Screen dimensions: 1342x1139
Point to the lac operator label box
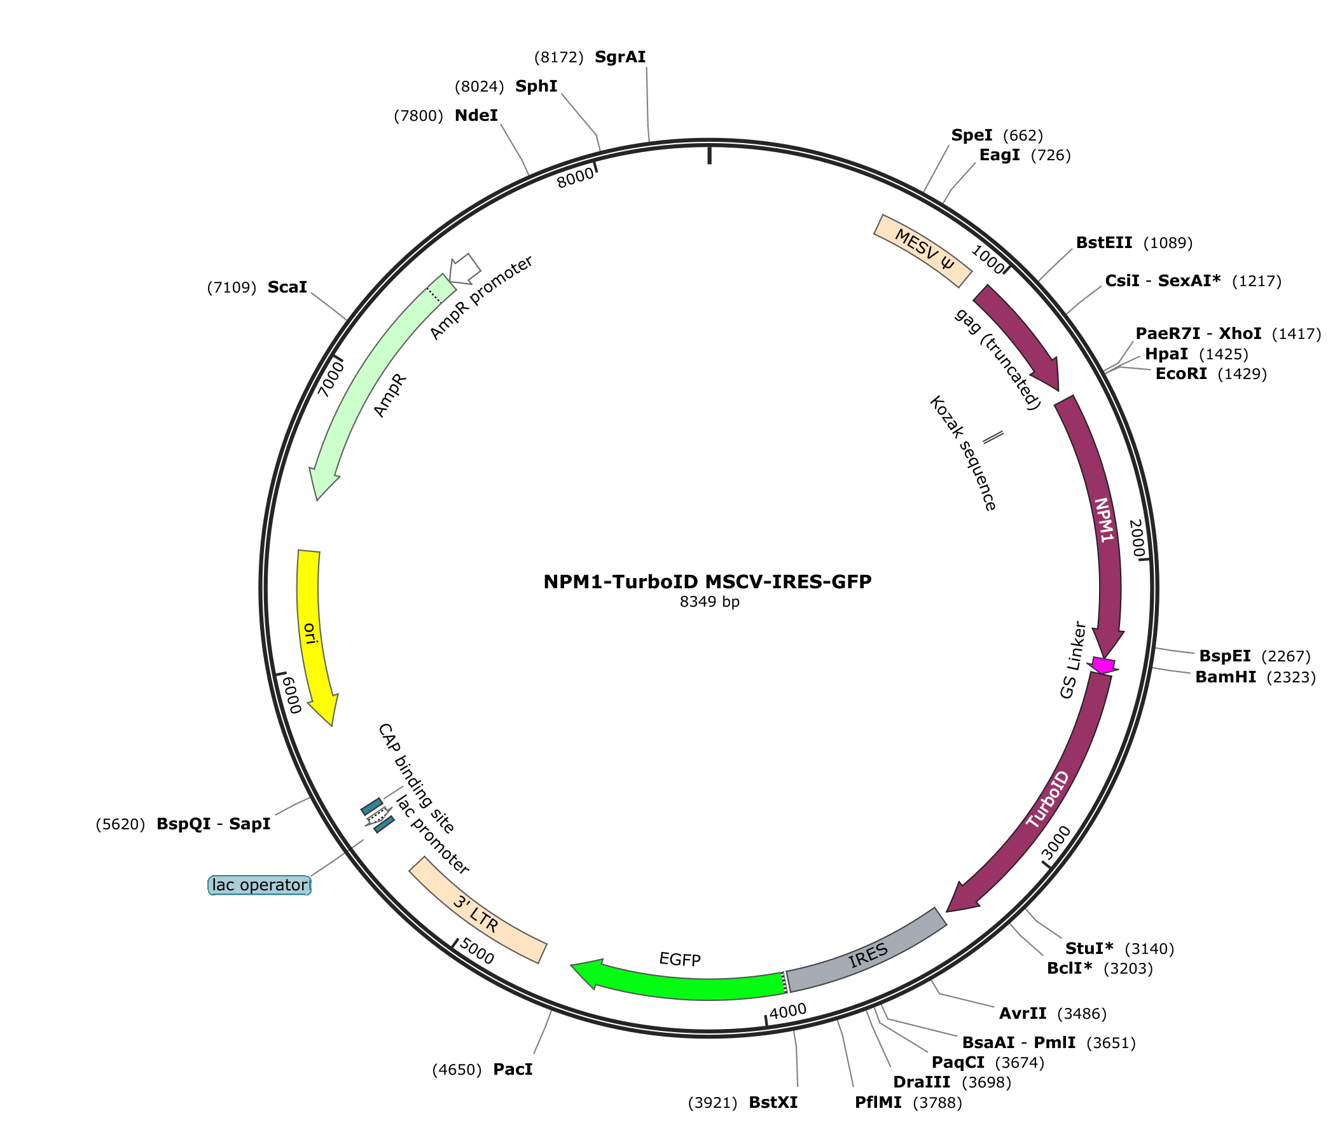259,885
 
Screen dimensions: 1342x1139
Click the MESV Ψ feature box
923,251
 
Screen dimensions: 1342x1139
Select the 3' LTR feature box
478,911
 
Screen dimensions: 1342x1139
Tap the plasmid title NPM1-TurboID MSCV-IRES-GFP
707,582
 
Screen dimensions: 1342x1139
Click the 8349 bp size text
709,602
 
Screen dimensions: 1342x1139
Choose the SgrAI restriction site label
620,57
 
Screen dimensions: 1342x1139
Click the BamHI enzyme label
1226,677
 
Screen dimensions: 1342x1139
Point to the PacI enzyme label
513,1069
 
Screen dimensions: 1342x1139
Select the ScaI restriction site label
287,287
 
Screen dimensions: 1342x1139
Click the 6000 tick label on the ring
291,695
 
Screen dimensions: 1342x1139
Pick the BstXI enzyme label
773,1102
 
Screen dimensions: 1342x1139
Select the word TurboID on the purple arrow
1048,799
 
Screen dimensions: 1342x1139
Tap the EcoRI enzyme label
1181,373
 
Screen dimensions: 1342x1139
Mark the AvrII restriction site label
1023,1013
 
